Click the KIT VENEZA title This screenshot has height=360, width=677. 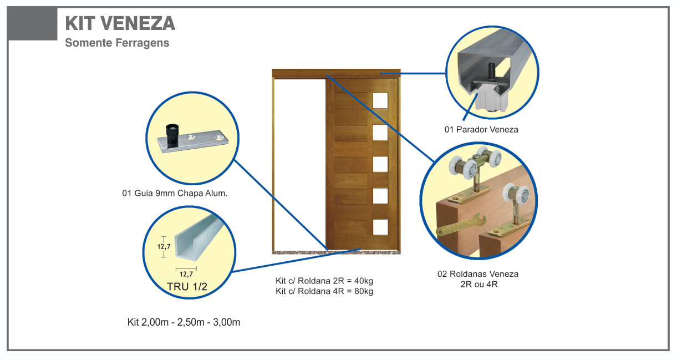coord(120,23)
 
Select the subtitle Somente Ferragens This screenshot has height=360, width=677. coord(117,43)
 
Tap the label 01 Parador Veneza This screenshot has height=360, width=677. coord(481,130)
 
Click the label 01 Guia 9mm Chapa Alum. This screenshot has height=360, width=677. coord(175,194)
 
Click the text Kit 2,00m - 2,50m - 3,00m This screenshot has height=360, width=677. coord(184,322)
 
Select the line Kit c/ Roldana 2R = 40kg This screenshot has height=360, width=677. coord(324,281)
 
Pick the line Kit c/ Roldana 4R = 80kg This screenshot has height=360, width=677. coord(324,291)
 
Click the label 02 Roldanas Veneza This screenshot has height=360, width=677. coord(477,274)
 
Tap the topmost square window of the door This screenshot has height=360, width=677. coord(380,100)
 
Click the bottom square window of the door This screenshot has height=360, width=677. coord(380,227)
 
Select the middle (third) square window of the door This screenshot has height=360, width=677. coord(380,164)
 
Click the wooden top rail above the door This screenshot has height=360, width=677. coord(336,73)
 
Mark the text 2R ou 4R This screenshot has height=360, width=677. coord(477,285)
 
